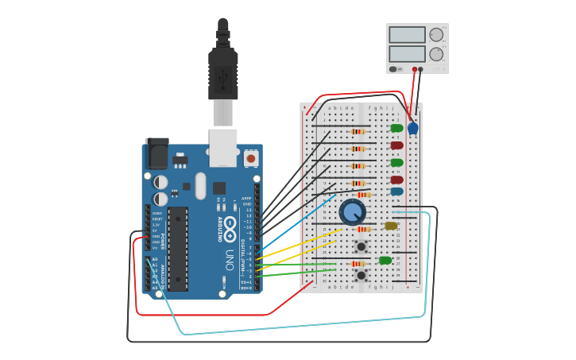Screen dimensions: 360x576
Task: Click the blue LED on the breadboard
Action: [x=396, y=192]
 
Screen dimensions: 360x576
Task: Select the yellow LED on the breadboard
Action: [x=391, y=226]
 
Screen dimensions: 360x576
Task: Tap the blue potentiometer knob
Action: [x=352, y=212]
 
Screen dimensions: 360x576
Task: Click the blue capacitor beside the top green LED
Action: [x=413, y=128]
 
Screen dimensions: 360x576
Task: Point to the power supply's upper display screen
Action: [x=407, y=35]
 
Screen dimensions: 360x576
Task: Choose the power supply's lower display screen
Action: [x=407, y=54]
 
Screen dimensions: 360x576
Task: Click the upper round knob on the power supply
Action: [x=436, y=35]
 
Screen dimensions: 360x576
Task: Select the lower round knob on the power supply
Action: [x=436, y=54]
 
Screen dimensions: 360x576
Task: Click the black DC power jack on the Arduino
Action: [x=157, y=153]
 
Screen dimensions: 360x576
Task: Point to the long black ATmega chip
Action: [x=178, y=249]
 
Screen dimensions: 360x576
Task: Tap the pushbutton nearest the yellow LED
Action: [x=361, y=246]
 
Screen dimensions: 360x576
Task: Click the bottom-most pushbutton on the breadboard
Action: [x=361, y=276]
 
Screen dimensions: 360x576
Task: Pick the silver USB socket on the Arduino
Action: [x=223, y=147]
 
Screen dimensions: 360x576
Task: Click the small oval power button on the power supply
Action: [x=393, y=69]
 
